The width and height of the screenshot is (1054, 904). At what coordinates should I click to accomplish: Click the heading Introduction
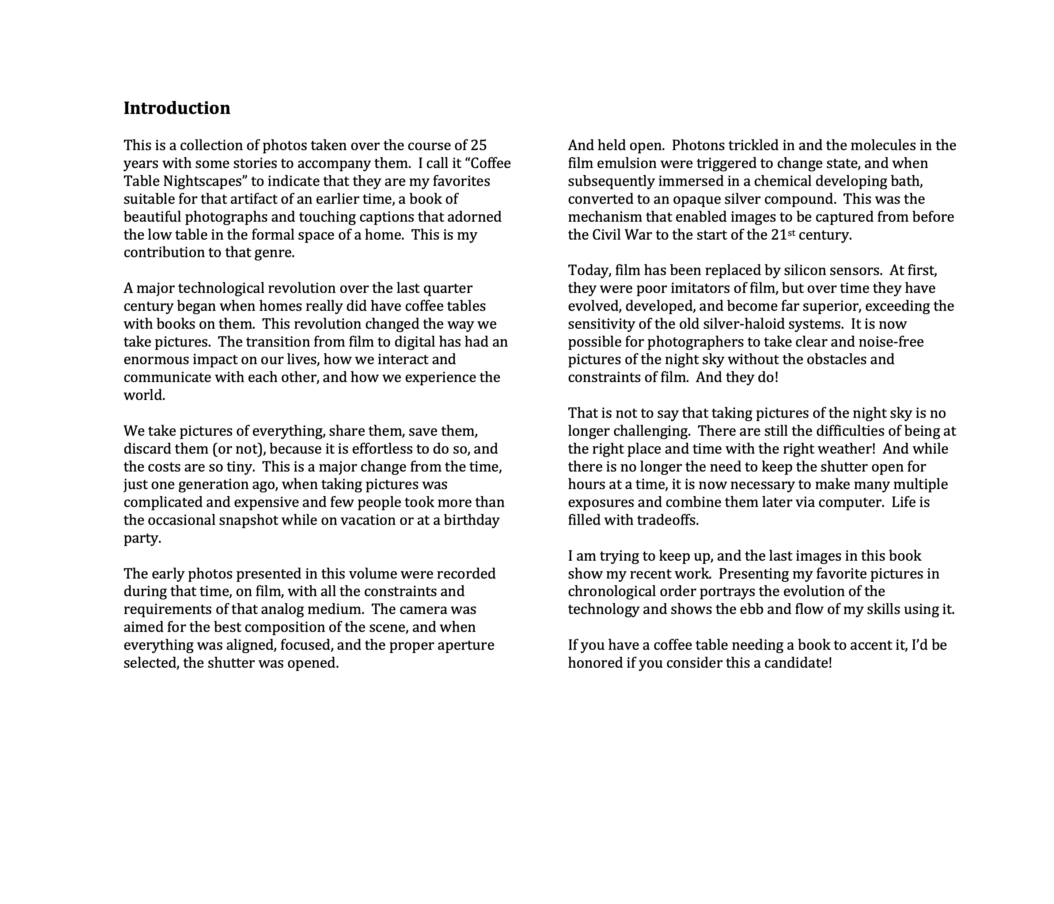(x=177, y=108)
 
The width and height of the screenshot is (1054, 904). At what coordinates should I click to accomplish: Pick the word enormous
(x=156, y=359)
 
